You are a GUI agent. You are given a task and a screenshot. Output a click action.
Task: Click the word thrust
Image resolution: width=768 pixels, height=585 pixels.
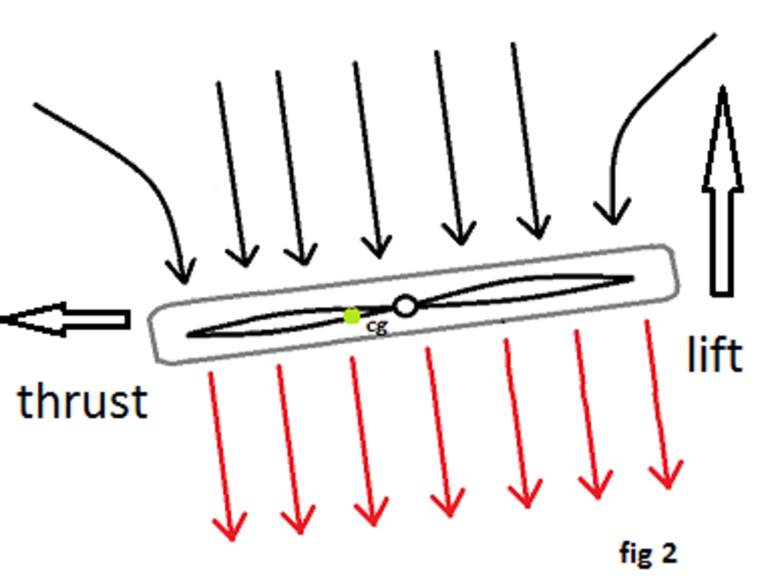[82, 402]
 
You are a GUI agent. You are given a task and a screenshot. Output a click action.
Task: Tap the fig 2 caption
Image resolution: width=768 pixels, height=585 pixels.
[648, 552]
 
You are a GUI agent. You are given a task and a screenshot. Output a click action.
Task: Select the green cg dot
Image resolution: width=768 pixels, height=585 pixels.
[353, 316]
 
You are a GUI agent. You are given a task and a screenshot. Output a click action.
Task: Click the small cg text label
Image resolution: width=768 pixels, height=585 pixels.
[377, 326]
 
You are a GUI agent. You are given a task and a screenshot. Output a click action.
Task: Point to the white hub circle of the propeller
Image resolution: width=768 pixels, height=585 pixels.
[405, 306]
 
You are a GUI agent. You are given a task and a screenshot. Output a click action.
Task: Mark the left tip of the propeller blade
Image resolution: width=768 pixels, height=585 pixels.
[189, 335]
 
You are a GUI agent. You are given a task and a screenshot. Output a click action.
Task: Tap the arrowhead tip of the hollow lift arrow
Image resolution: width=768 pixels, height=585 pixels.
[722, 88]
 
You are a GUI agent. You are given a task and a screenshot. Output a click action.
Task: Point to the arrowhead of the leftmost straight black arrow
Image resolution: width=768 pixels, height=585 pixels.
[244, 258]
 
